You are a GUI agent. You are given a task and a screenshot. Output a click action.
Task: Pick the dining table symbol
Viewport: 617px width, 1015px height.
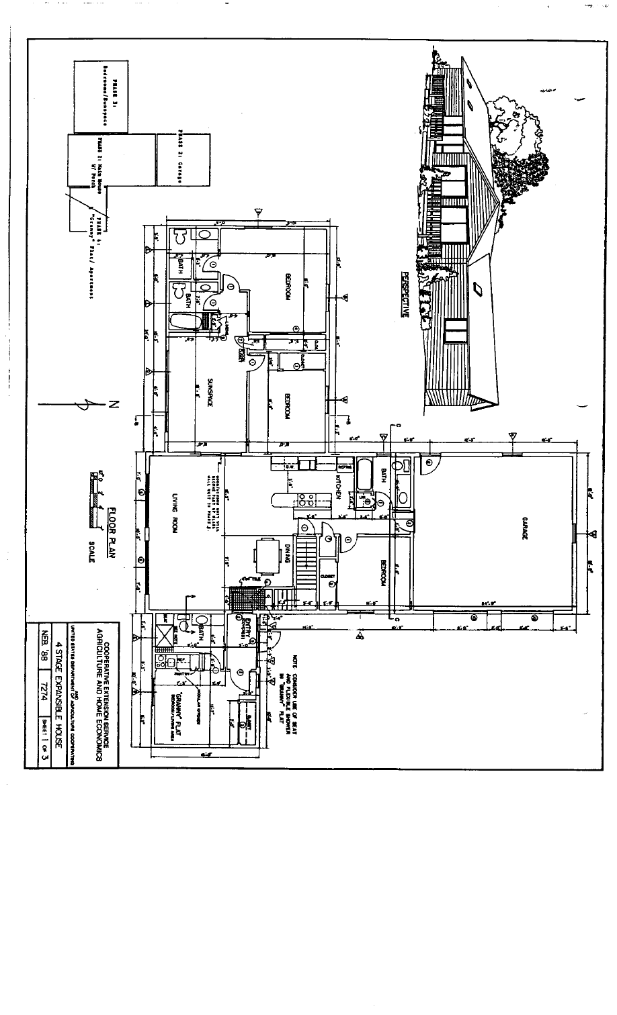pos(263,554)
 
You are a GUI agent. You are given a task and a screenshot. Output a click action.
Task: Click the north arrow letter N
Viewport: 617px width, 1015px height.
pos(112,404)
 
